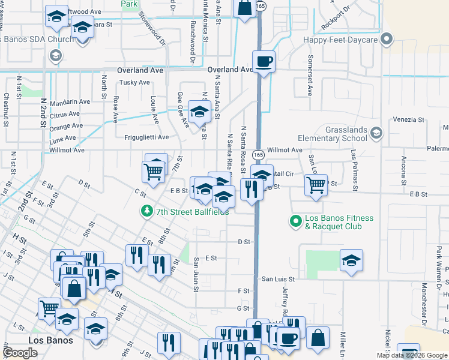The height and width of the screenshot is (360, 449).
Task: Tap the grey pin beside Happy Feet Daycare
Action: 387,40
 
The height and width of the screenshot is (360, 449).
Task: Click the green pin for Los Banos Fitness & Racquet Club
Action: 295,222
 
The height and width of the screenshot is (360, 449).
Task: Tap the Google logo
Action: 20,353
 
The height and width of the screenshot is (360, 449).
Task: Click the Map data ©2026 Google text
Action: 412,355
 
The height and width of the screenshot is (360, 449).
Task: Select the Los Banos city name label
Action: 51,340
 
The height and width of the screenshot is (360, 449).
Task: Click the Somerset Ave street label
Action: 310,76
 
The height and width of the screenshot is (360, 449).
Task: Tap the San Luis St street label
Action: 278,279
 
